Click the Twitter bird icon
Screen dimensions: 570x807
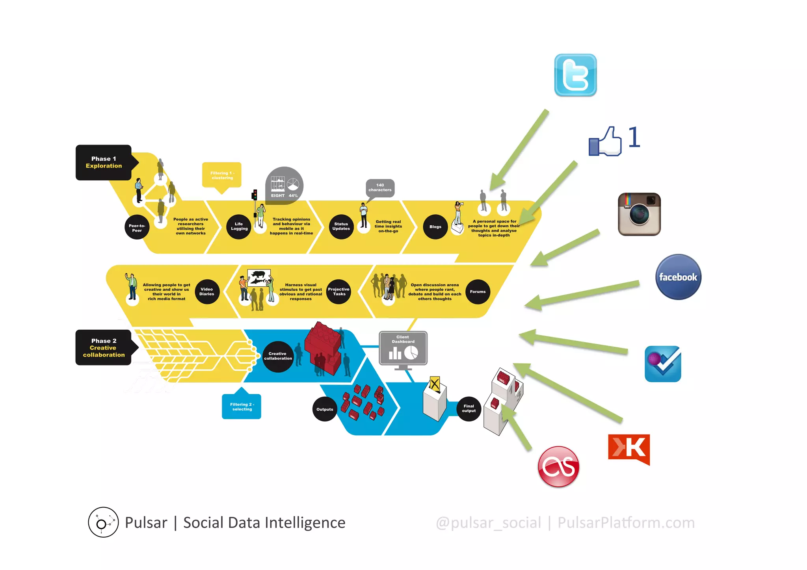point(575,75)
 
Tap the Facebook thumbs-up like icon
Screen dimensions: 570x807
point(605,142)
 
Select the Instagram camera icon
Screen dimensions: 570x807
point(639,214)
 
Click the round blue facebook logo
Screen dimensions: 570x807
point(678,277)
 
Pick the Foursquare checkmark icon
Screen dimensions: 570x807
point(662,364)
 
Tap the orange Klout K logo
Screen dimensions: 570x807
point(628,449)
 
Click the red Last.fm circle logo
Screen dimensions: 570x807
point(558,467)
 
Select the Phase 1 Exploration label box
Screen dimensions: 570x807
point(104,162)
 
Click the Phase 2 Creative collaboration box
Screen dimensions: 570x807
point(104,347)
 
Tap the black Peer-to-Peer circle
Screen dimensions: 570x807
point(137,228)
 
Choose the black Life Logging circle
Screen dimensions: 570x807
point(239,227)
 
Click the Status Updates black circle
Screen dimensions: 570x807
point(341,227)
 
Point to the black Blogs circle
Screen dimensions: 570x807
point(435,227)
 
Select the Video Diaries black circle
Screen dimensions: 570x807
point(207,291)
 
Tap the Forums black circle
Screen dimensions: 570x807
point(478,292)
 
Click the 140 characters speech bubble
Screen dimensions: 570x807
point(380,188)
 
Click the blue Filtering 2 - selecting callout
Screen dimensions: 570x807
point(242,406)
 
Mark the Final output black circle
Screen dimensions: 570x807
point(469,408)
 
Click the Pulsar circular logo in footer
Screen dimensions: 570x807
point(103,522)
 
